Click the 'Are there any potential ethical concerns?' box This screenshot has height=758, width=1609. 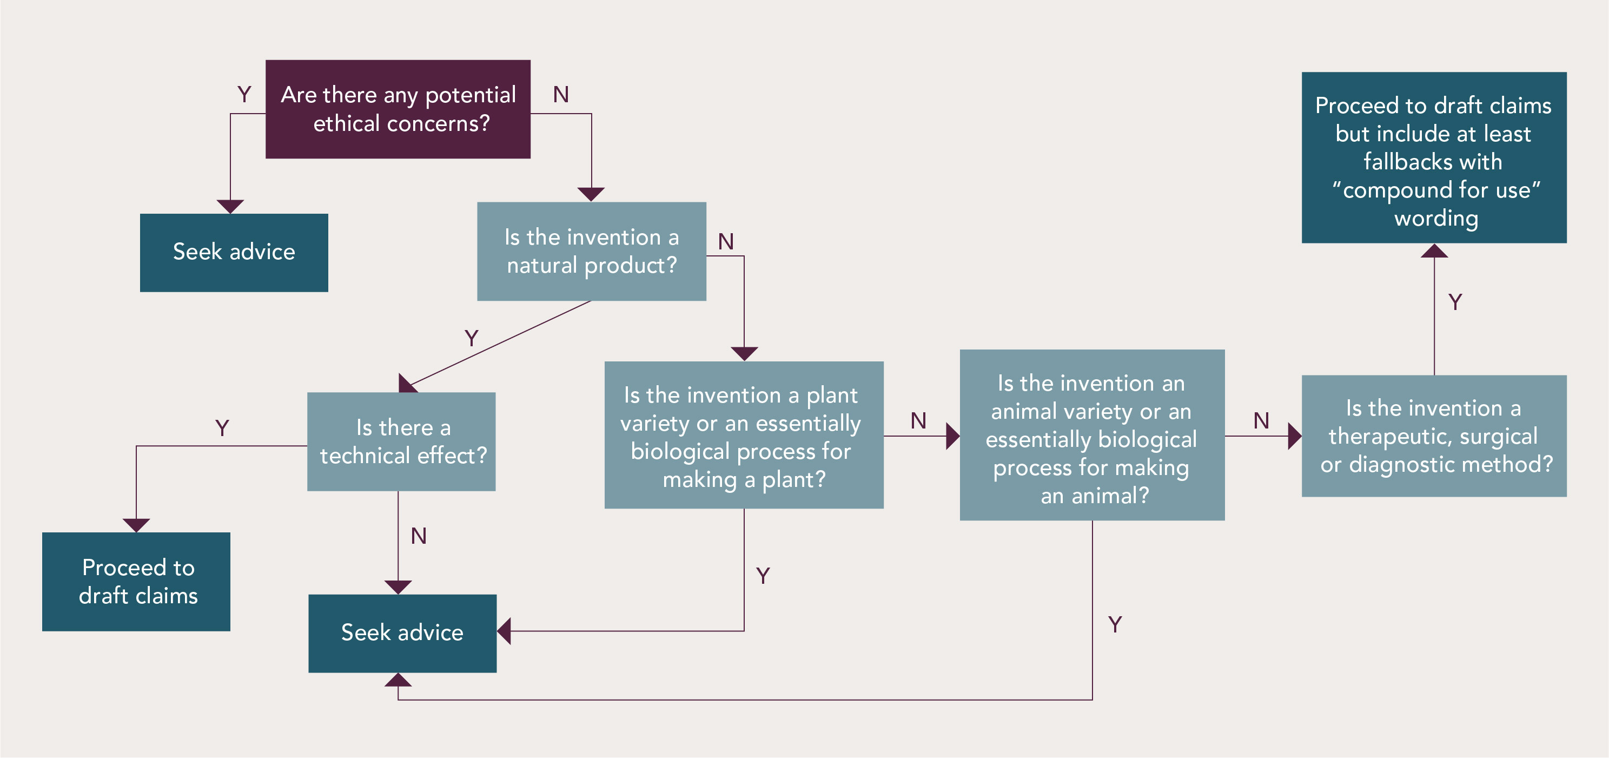(398, 109)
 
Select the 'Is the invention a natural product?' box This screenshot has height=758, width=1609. (592, 251)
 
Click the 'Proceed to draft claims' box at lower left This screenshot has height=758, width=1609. (136, 581)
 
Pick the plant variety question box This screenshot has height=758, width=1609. (743, 435)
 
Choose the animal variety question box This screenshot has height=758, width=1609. (1092, 435)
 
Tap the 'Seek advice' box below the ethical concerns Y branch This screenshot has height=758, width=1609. (234, 253)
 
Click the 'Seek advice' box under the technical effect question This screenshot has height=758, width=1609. (402, 633)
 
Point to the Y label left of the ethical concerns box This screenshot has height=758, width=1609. (244, 95)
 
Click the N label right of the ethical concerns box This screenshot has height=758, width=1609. (560, 95)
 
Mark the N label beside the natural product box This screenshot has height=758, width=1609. (725, 242)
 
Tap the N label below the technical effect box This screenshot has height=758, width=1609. (419, 536)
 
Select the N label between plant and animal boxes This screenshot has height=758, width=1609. (918, 420)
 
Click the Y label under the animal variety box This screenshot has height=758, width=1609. (1115, 624)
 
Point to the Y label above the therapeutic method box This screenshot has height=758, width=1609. (1455, 302)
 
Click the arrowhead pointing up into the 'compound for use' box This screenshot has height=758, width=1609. (1434, 251)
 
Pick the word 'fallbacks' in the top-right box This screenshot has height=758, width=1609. (1400, 162)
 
